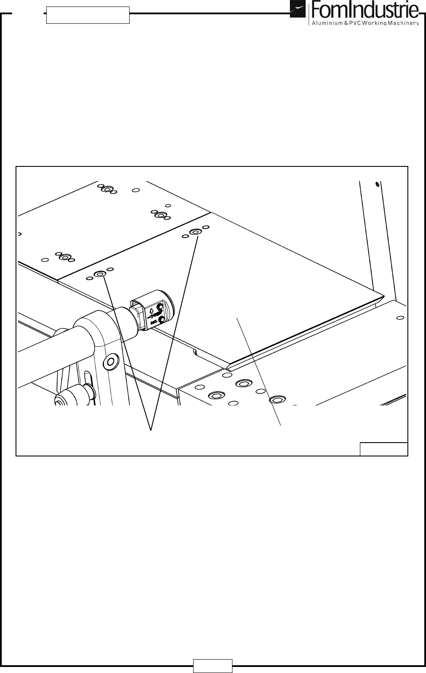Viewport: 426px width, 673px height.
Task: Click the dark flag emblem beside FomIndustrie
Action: tap(297, 10)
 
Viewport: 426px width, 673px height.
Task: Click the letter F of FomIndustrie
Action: tap(314, 10)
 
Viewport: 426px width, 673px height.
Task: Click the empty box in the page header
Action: tap(88, 15)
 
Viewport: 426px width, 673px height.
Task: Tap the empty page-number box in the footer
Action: tap(213, 666)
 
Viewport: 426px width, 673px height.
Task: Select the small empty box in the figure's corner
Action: tap(384, 449)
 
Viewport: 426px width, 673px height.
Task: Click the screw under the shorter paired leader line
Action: tap(100, 274)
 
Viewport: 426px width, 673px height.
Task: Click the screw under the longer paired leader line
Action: tap(195, 232)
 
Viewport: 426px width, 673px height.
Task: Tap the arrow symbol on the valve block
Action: tap(151, 310)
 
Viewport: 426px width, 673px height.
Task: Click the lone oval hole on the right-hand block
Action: tap(401, 318)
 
